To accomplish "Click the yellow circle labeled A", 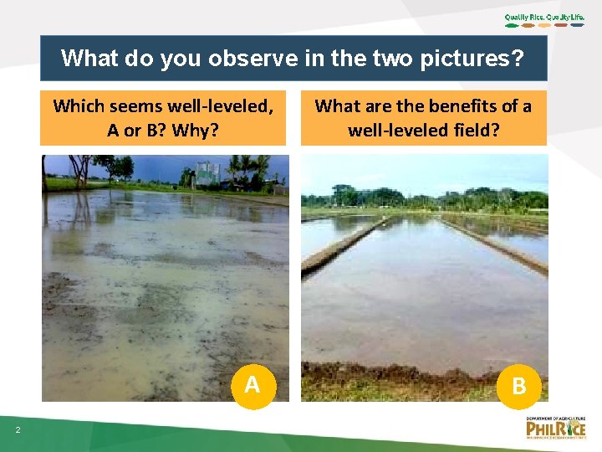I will pos(251,385).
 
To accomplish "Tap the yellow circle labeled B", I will pos(518,385).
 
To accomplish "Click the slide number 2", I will pos(18,430).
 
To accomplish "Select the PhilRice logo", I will pos(555,429).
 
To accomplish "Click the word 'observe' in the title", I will pos(248,59).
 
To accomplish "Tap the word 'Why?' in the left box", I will pos(196,130).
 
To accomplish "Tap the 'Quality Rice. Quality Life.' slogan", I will pos(545,17).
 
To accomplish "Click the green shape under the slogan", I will pos(511,25).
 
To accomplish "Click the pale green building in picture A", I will pos(207,173).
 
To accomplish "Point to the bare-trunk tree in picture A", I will pos(81,172).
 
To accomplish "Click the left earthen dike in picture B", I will pos(343,247).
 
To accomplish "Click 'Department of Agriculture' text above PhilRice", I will pos(556,418).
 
